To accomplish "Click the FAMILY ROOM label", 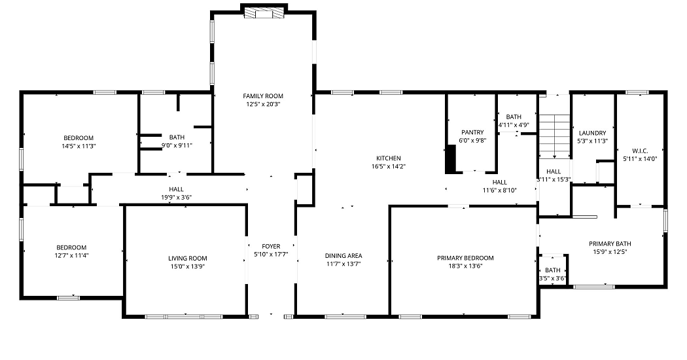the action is (x=263, y=96).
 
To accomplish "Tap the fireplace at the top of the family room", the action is (x=264, y=13).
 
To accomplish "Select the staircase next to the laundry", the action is (x=555, y=136).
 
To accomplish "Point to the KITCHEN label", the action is (x=388, y=158).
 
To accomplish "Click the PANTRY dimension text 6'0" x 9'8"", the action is (x=472, y=140).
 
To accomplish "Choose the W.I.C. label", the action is (x=640, y=151).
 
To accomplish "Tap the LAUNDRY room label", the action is (x=592, y=133).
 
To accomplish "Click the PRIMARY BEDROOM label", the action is (x=465, y=258).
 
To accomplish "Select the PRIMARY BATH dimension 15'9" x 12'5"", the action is (x=610, y=252).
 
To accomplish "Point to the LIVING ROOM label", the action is (x=188, y=259).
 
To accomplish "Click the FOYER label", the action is (x=271, y=246).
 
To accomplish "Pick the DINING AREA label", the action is (x=343, y=256).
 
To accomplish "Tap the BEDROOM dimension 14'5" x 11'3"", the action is (x=79, y=146).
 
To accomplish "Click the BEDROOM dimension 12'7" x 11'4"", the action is (x=71, y=255).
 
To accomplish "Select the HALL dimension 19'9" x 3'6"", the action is (x=176, y=197).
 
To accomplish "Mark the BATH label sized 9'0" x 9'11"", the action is (x=177, y=137).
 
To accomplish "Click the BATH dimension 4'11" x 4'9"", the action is (x=514, y=124).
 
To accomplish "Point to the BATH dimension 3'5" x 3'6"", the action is (x=552, y=278).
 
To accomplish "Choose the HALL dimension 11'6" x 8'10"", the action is (x=499, y=190).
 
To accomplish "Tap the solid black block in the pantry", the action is (x=450, y=159).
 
